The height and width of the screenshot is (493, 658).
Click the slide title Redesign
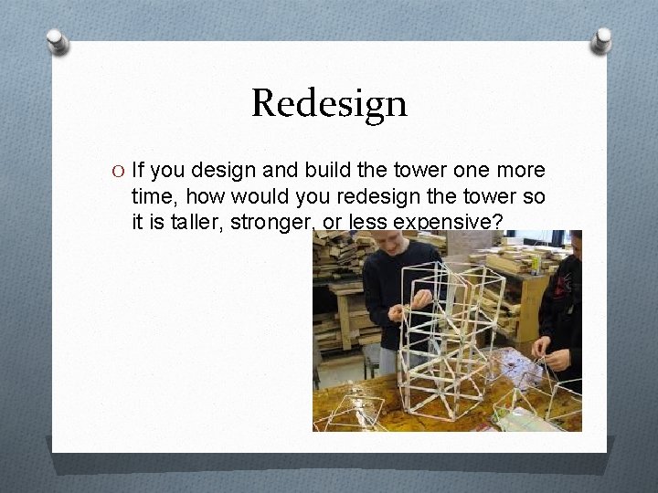tap(329, 103)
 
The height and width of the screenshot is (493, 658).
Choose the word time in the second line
tap(151, 195)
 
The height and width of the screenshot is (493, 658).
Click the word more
tap(521, 171)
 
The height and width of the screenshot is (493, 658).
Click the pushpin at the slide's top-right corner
tap(601, 39)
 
